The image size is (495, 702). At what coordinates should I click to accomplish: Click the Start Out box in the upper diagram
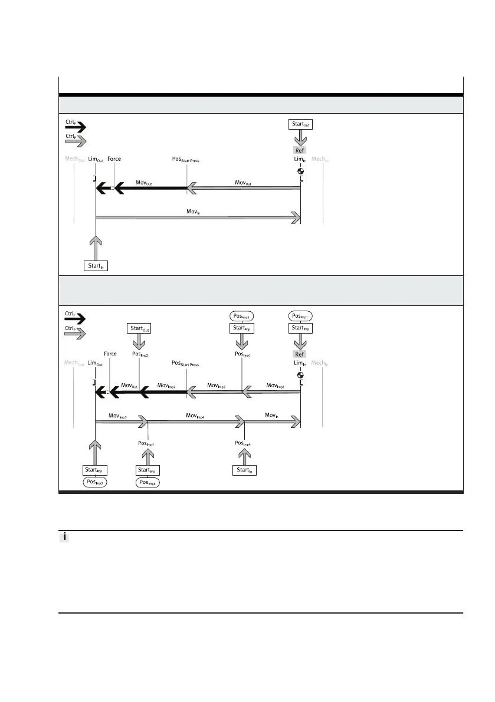point(300,124)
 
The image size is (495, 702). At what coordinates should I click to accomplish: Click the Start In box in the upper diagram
point(96,265)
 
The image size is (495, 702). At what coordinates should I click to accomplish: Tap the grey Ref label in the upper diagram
point(300,150)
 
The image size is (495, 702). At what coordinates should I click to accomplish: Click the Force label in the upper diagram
point(114,159)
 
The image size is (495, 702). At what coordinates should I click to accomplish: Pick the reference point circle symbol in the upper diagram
point(300,172)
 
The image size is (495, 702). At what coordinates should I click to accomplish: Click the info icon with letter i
point(65,538)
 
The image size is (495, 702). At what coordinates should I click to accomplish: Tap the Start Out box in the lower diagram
point(139,328)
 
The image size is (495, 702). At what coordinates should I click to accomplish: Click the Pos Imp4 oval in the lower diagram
point(148,482)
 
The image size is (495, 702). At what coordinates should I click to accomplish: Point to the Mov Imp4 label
point(195,416)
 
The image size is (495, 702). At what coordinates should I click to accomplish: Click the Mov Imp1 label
point(275,385)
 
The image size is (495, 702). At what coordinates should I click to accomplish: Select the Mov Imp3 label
point(118,416)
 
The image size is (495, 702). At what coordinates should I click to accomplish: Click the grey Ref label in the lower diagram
point(300,354)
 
